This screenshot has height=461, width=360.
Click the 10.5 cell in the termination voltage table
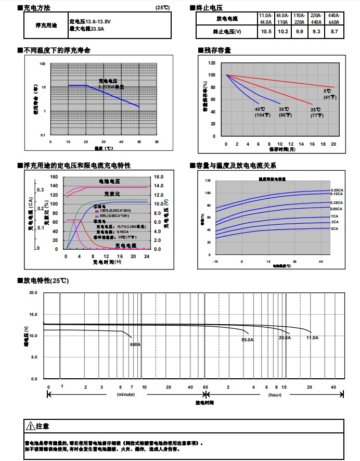coord(266,32)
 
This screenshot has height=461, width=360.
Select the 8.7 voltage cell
coord(334,32)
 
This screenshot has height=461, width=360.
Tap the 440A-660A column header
coord(334,19)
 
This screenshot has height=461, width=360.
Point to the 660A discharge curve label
coord(136,344)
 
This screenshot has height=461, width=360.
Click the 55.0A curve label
coord(247,340)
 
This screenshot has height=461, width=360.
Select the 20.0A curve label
coord(285,338)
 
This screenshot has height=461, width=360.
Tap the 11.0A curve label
coord(312,338)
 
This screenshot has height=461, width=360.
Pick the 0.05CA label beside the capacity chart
coord(337,190)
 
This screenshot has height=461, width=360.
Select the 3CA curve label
coord(335,228)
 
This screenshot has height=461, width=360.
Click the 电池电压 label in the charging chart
coord(110,181)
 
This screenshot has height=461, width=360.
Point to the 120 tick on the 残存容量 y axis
coord(211,63)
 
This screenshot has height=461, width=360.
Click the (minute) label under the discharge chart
coord(125,395)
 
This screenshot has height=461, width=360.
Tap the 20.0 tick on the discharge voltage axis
coord(33,293)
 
